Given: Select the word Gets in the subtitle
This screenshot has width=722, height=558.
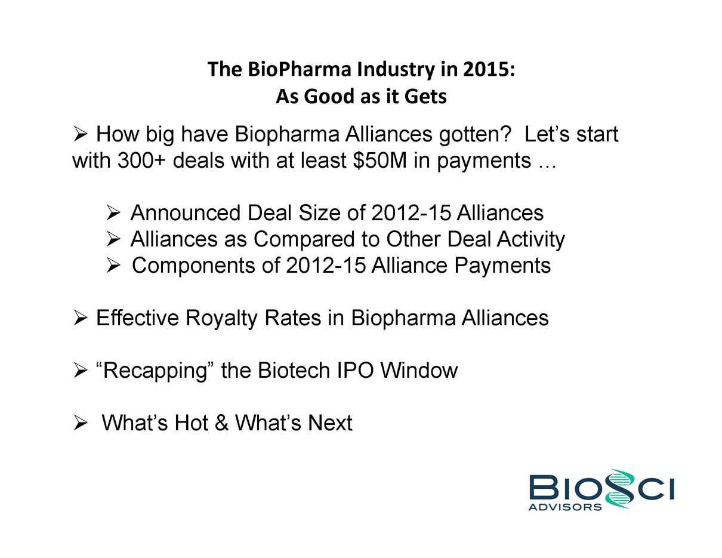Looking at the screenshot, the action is [x=425, y=97].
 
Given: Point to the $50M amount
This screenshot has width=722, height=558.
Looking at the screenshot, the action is [x=379, y=161].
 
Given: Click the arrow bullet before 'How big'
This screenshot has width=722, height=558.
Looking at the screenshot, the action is [x=80, y=134].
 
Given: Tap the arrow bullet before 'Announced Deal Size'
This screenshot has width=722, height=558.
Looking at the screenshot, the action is [x=113, y=212].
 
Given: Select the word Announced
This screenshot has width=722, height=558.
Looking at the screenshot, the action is [x=185, y=212].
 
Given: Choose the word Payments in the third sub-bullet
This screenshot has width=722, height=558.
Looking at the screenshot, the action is [x=502, y=266].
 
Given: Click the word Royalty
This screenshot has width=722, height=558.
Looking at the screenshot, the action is [x=221, y=318].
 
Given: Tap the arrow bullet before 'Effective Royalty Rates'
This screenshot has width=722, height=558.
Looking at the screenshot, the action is [x=80, y=318].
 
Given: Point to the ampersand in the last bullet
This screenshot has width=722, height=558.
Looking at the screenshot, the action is [x=221, y=423].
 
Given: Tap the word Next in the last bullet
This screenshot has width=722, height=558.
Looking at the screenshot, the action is [x=330, y=423].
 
